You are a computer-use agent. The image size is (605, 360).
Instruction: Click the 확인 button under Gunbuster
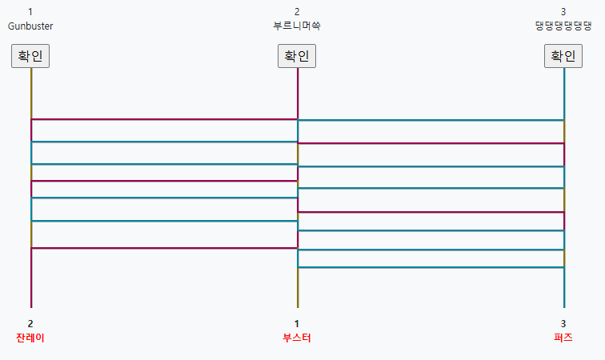coord(30,57)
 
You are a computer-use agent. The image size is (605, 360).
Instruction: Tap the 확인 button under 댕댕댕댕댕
coord(563,57)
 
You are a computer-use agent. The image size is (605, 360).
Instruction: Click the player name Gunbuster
coord(30,26)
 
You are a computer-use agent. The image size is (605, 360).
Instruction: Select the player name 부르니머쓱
coord(297,26)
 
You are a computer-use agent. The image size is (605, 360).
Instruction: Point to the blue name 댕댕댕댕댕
coord(563,26)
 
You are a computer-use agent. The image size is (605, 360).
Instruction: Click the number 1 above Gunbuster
coord(30,12)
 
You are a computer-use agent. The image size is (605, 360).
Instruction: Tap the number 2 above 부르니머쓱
coord(297,12)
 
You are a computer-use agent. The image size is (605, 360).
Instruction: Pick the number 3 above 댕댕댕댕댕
coord(563,12)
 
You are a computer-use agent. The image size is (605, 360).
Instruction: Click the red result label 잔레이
coord(30,338)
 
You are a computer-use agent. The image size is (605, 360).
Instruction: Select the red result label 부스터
coord(297,338)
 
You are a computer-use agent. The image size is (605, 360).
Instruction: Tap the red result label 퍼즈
coord(563,338)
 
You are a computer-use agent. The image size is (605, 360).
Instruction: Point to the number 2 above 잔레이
coord(30,323)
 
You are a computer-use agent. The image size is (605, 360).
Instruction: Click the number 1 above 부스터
coord(297,323)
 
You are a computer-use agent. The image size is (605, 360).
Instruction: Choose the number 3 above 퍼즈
coord(563,323)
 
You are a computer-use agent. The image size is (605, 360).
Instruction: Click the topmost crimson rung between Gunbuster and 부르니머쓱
coord(164,119)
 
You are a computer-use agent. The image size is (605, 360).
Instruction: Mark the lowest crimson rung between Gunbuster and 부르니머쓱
coord(164,248)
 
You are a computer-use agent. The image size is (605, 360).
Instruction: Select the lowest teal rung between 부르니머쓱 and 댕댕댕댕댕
coord(431,267)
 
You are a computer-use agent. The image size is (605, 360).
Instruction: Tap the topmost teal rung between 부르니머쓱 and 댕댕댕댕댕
coord(431,121)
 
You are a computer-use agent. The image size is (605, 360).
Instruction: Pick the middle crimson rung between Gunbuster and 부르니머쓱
coord(164,181)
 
